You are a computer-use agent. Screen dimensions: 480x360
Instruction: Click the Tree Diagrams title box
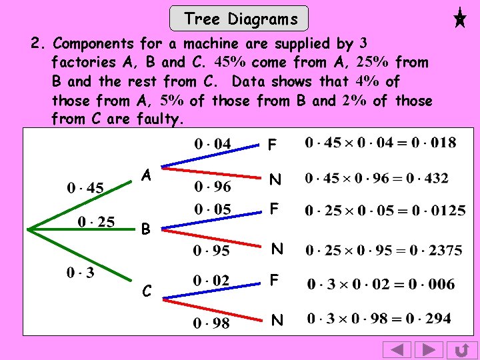pyautogui.click(x=240, y=19)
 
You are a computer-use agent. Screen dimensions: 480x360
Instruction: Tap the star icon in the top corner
pyautogui.click(x=459, y=17)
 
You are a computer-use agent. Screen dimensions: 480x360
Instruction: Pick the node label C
pyautogui.click(x=147, y=291)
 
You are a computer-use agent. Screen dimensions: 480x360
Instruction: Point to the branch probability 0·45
pyautogui.click(x=85, y=188)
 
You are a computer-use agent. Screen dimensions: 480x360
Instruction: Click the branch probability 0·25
pyautogui.click(x=97, y=221)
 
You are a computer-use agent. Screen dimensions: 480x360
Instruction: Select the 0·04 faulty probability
pyautogui.click(x=213, y=143)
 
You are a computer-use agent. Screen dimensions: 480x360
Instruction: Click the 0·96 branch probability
pyautogui.click(x=212, y=187)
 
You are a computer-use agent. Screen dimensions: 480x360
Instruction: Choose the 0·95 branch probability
pyautogui.click(x=211, y=251)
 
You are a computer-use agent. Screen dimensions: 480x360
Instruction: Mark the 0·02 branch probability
pyautogui.click(x=211, y=281)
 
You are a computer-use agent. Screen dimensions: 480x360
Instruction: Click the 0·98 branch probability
pyautogui.click(x=211, y=323)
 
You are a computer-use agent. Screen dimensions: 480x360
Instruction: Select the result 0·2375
pyautogui.click(x=437, y=250)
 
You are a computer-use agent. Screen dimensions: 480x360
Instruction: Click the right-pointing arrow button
pyautogui.click(x=429, y=349)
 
